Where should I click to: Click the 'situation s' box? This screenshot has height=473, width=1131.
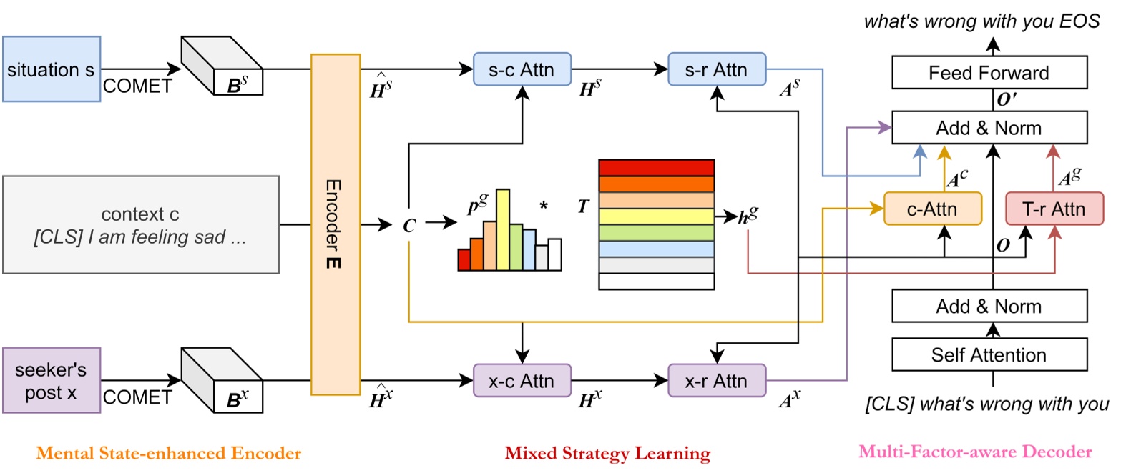coord(51,69)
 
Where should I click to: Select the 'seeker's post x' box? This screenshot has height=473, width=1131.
coord(51,380)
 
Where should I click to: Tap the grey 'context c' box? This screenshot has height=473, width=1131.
coord(140,224)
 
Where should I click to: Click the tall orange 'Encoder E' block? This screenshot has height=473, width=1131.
coord(335,224)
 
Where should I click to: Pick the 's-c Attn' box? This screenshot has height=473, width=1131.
coord(522,69)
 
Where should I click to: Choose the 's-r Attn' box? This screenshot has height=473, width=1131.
coord(716,69)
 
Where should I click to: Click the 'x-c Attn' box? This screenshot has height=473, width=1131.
coord(522,381)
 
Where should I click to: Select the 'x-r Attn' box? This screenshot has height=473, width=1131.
coord(716,381)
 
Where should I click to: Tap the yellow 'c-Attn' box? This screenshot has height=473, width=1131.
coord(932,209)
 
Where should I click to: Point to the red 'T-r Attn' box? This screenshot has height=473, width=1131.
coord(1054,209)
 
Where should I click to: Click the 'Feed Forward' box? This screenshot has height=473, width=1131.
coord(989,73)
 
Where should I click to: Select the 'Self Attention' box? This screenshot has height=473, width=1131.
coord(989,354)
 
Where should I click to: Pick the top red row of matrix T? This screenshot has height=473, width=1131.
coord(656,168)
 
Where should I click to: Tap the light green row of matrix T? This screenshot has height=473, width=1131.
coord(656,233)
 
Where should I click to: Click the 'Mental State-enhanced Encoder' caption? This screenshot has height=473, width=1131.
coord(169,453)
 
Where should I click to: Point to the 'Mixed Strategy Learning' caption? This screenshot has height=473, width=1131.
coord(607,453)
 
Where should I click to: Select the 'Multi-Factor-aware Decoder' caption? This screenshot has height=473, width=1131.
coord(975,452)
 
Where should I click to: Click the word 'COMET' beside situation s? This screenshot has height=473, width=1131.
coord(137,86)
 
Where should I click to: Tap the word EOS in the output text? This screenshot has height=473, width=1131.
coord(1079,21)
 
